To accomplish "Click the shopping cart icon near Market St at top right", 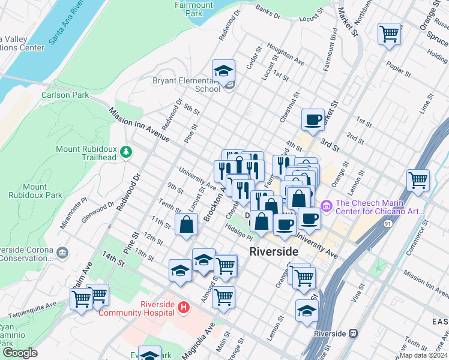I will (x=389, y=34).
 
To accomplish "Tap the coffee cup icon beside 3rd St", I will (x=312, y=120).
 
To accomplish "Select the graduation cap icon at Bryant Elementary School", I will (x=223, y=71).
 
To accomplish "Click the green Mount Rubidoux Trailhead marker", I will (x=125, y=152).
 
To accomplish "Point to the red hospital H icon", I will (x=184, y=308).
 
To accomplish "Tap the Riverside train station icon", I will (x=354, y=333).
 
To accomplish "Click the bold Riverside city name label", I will (x=274, y=252).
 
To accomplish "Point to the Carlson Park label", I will (x=65, y=95).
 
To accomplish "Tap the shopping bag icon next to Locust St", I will (x=187, y=226).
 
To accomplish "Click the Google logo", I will (x=20, y=352).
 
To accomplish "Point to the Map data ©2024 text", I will (x=423, y=355).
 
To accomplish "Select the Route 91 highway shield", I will (x=387, y=222).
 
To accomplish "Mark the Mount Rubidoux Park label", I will (x=35, y=191).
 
